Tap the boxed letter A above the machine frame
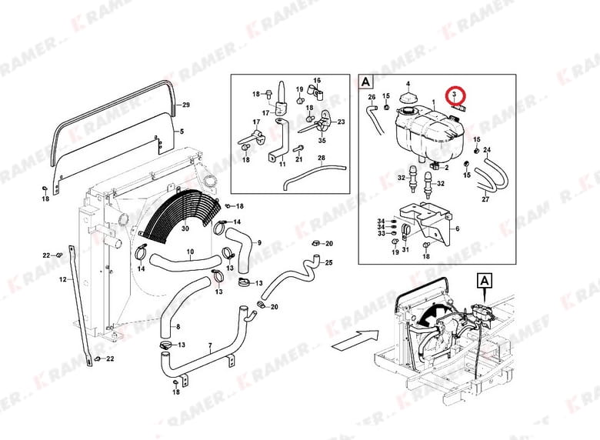485,281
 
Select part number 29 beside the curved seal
185,105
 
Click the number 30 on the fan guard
185,228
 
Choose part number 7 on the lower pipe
209,346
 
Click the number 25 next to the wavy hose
328,263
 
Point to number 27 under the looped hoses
485,200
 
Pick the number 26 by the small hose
372,97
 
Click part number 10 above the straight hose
190,252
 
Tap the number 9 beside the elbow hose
259,243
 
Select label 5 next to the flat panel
182,132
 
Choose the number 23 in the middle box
341,122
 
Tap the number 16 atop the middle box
316,81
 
